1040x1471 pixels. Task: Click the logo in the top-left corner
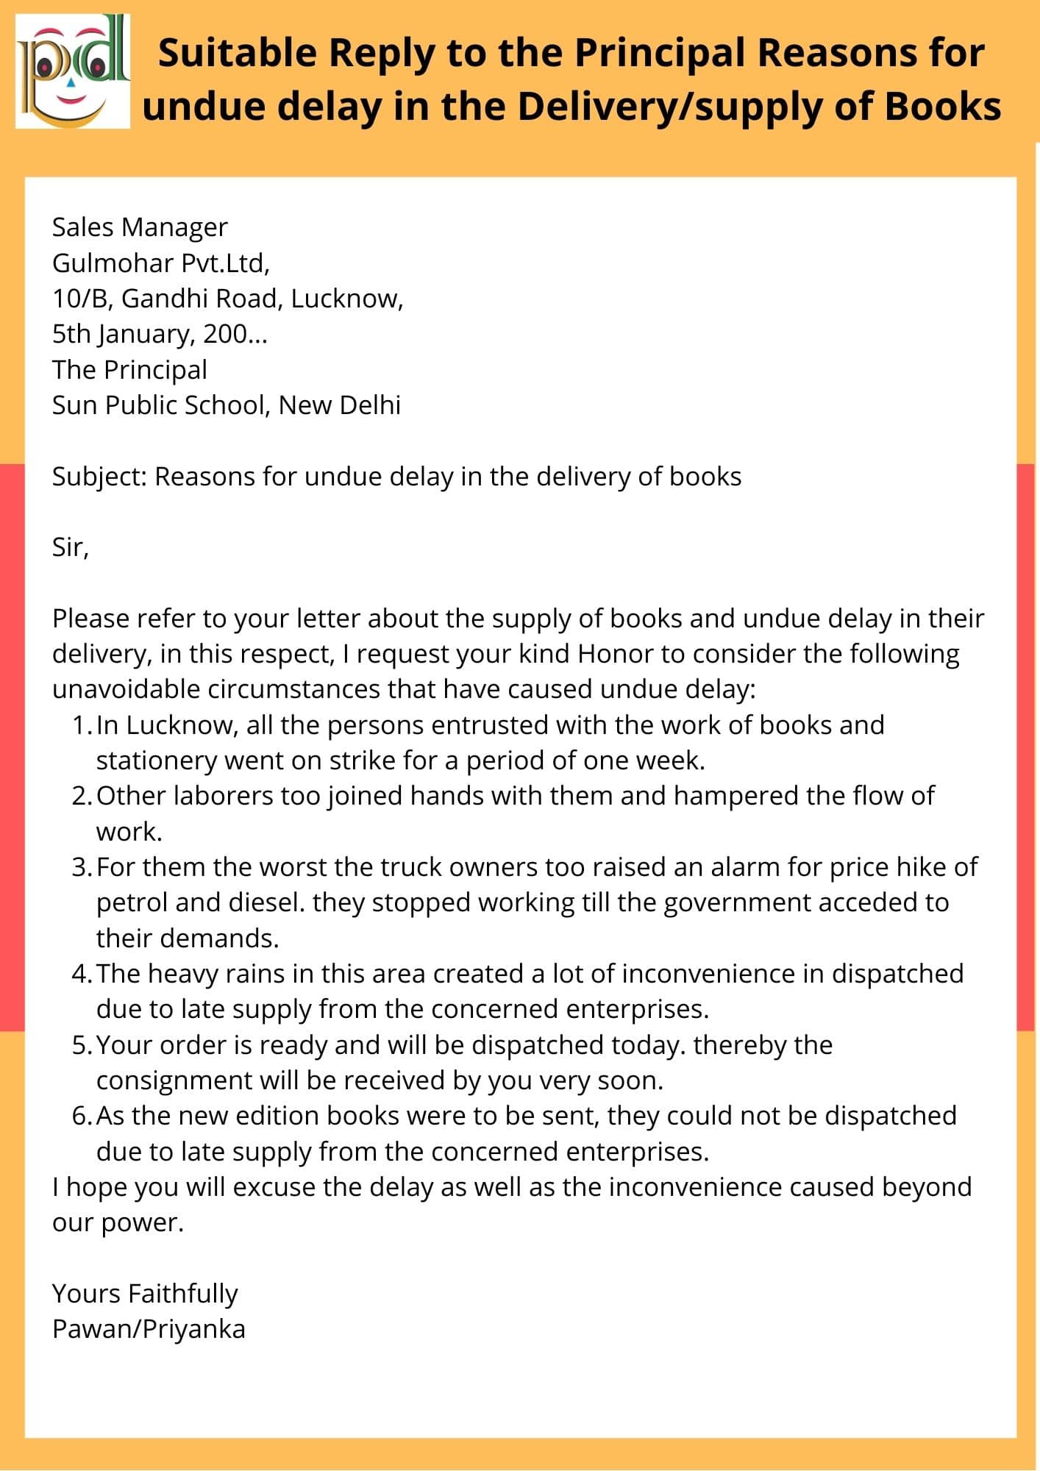[73, 72]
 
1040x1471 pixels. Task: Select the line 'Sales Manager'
[140, 227]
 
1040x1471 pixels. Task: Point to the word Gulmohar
[103, 263]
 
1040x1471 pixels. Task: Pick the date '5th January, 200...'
[160, 334]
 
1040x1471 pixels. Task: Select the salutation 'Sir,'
[70, 547]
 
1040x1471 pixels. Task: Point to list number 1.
[82, 725]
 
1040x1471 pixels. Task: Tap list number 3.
[82, 867]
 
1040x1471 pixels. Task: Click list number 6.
[82, 1116]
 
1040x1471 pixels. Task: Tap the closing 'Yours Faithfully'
[145, 1294]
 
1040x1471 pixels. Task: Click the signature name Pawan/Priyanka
[149, 1329]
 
